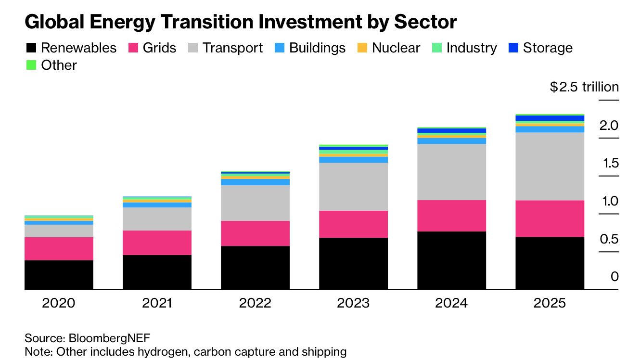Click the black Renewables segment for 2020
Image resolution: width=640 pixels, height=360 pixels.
point(59,274)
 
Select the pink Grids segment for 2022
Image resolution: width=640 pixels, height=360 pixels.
point(255,233)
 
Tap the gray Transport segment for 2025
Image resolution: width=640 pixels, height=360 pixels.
point(550,166)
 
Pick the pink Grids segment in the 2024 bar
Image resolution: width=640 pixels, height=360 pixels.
point(451,216)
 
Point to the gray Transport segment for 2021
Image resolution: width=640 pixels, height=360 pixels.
point(157,219)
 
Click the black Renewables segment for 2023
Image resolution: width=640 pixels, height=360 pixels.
point(353,263)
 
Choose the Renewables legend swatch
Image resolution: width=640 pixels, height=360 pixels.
point(31,48)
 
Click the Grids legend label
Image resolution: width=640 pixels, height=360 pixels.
point(159,48)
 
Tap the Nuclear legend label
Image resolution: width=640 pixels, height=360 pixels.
point(396,48)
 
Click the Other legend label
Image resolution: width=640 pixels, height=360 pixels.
point(59,65)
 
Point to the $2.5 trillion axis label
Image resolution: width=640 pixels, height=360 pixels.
point(584,87)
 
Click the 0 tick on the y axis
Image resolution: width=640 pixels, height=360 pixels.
point(614,277)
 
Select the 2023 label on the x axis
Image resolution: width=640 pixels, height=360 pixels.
point(353,303)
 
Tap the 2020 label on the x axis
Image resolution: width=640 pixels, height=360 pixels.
point(59,303)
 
